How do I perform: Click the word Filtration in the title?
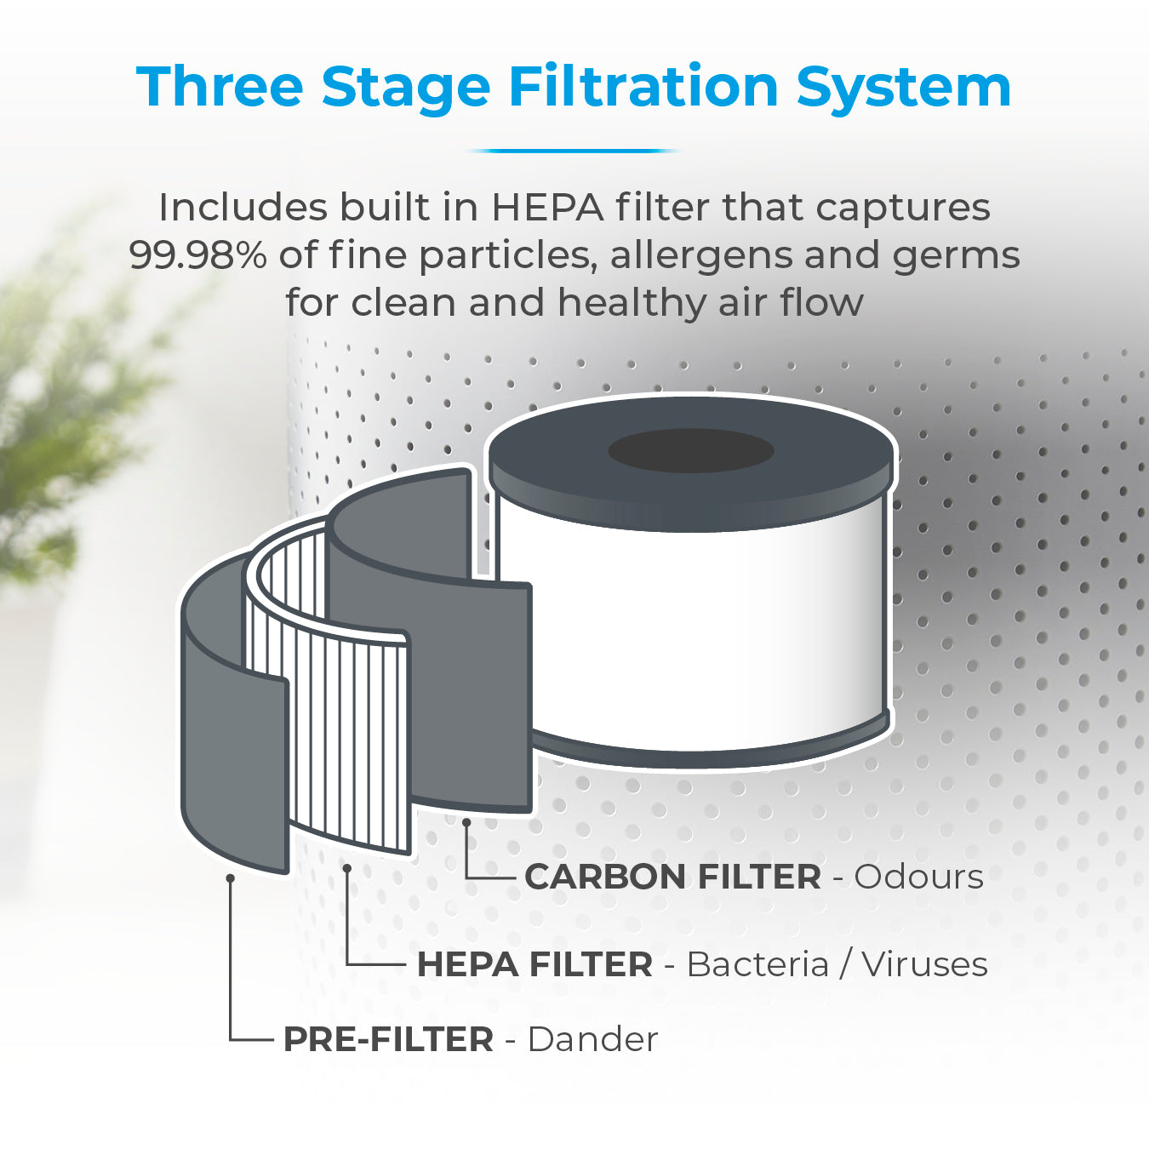(643, 87)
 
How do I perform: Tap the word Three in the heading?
(220, 87)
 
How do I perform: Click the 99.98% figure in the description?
(198, 255)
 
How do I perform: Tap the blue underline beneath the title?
(574, 151)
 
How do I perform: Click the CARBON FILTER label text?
(672, 877)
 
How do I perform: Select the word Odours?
(919, 877)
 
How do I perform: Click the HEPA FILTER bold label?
(534, 965)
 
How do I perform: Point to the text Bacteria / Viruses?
(837, 965)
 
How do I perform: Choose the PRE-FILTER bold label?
(388, 1040)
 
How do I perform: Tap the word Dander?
(592, 1040)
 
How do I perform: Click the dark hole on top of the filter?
(691, 450)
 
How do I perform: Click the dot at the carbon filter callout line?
(466, 822)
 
